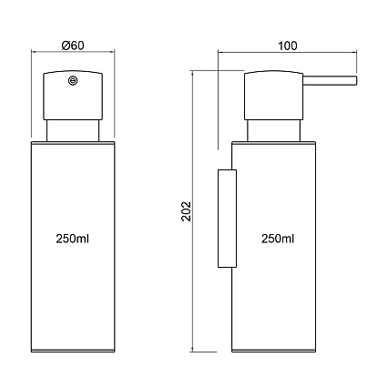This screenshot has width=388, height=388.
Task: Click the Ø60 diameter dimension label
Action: pos(73,46)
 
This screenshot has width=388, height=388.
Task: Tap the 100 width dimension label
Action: pos(288,46)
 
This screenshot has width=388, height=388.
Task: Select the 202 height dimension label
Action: pos(186,211)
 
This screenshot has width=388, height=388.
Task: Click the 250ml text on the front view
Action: pos(73,239)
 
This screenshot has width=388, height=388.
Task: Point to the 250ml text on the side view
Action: pos(278,239)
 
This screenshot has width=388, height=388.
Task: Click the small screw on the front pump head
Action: pos(73,80)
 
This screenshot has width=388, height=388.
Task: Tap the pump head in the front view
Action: pos(73,96)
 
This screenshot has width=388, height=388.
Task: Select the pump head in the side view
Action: pos(274,96)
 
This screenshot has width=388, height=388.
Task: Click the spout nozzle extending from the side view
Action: pos(331,80)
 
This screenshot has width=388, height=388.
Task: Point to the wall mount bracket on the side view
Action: pos(227,219)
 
